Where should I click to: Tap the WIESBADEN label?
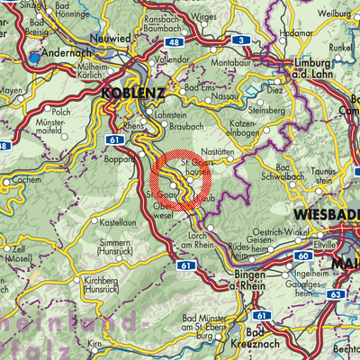tap(325, 216)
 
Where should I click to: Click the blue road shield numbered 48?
tap(174, 42)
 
